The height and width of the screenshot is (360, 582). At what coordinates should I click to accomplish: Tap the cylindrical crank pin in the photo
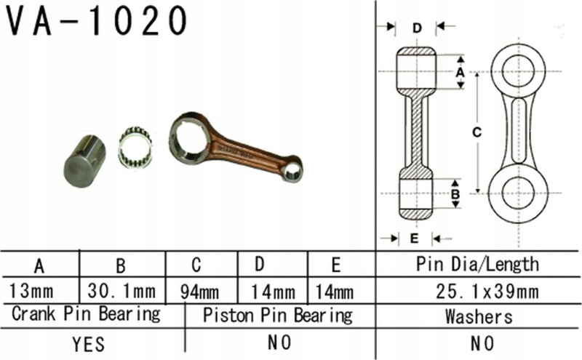click(x=84, y=161)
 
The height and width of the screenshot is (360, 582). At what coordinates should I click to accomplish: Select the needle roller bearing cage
click(x=135, y=147)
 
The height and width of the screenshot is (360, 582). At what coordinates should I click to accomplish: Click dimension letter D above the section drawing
click(x=417, y=28)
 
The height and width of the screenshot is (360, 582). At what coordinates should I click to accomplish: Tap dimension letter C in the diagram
click(x=477, y=132)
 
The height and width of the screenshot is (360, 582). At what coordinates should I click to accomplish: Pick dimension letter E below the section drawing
click(x=414, y=238)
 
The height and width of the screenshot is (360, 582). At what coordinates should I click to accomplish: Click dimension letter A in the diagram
click(x=460, y=72)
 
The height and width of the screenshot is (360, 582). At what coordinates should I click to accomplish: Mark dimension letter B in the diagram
click(x=455, y=194)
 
